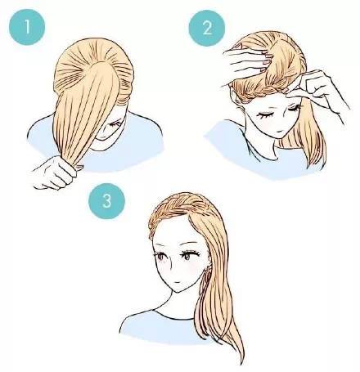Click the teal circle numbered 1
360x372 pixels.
point(27,27)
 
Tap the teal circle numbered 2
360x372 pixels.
point(207,28)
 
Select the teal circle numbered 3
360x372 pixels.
point(107,201)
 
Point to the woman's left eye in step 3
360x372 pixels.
point(188,256)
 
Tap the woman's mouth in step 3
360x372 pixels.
point(178,282)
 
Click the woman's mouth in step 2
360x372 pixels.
point(277,132)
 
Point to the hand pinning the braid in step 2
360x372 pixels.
point(317,87)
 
